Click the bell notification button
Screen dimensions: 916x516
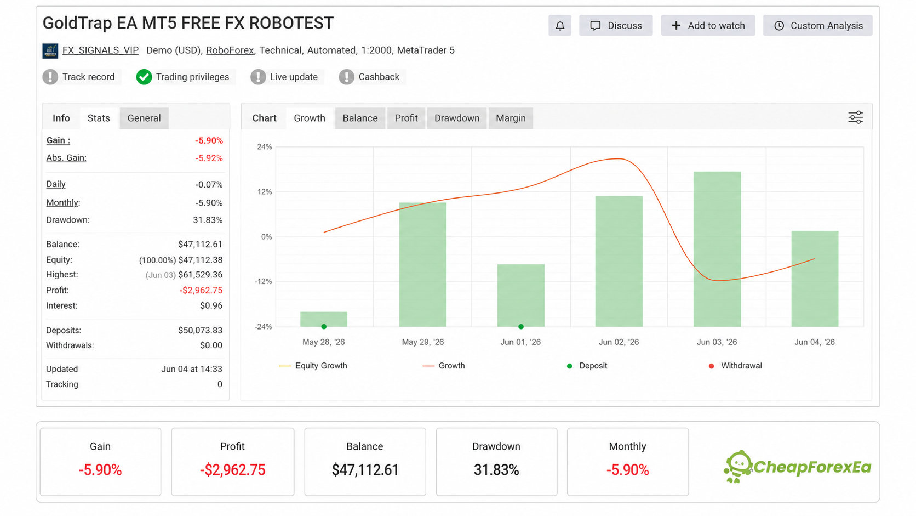(x=560, y=25)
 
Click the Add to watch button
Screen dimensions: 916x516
(x=708, y=25)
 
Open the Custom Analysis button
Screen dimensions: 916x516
(x=817, y=25)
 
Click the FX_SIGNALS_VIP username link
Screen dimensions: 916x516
(x=100, y=50)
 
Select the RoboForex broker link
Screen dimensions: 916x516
(x=230, y=50)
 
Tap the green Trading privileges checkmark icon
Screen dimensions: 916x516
(x=144, y=77)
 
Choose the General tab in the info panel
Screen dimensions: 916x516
(x=144, y=118)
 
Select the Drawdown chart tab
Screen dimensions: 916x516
(x=457, y=118)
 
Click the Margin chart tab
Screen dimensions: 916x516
(x=511, y=118)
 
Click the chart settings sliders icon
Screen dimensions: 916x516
(x=856, y=117)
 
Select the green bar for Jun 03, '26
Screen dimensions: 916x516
(x=717, y=249)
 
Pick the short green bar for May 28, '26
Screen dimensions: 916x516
(x=324, y=319)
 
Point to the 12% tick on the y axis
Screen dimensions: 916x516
(x=264, y=191)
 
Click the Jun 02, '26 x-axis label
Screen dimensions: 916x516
(x=619, y=342)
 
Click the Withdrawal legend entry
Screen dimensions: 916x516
(x=735, y=366)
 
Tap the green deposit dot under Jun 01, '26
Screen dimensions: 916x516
(x=521, y=326)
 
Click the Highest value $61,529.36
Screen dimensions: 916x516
(x=201, y=275)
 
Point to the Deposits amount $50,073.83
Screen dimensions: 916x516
(x=201, y=330)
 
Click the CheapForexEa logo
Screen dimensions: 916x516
(x=798, y=467)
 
